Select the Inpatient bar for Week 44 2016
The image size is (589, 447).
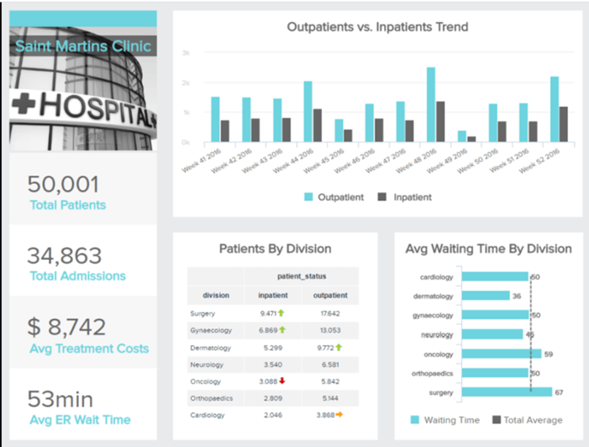(318, 125)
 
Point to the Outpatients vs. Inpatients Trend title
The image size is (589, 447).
(377, 27)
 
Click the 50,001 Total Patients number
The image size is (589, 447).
(64, 184)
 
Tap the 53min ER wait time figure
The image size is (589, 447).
(60, 399)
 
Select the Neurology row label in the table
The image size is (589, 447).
(208, 364)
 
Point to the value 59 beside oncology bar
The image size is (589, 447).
(549, 354)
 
